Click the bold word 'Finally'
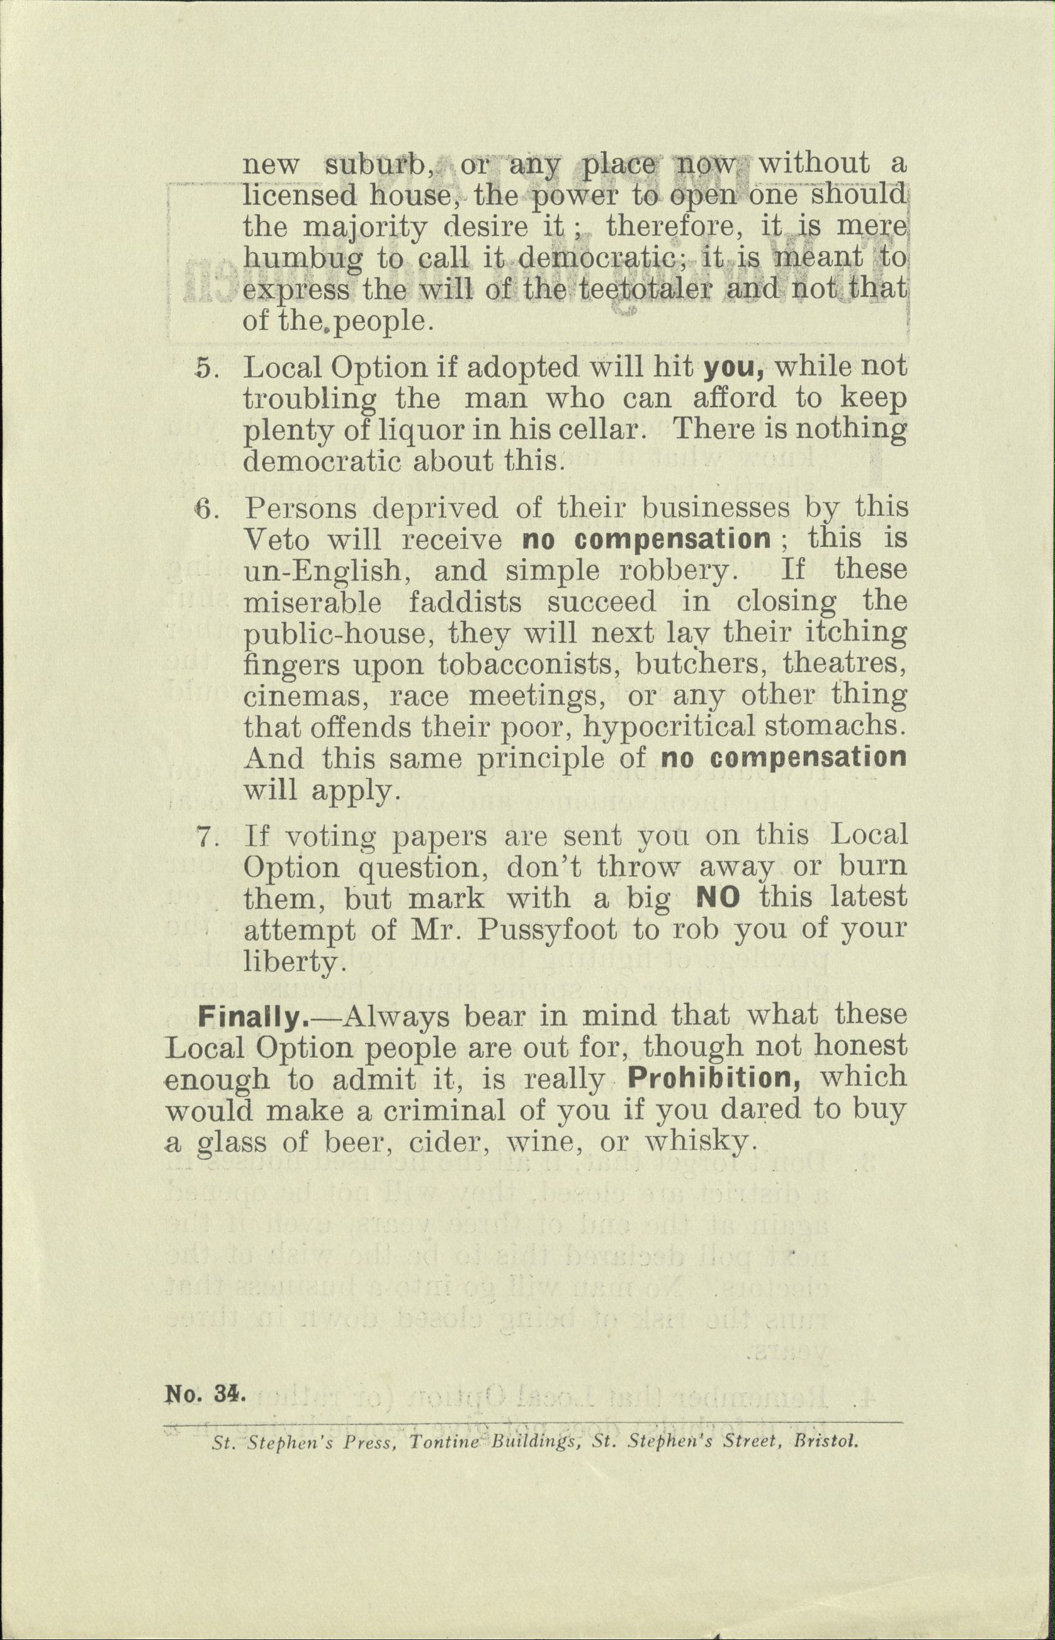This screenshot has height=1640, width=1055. tap(251, 1016)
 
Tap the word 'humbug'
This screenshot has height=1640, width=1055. tap(302, 259)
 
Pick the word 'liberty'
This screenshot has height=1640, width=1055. tap(290, 962)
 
